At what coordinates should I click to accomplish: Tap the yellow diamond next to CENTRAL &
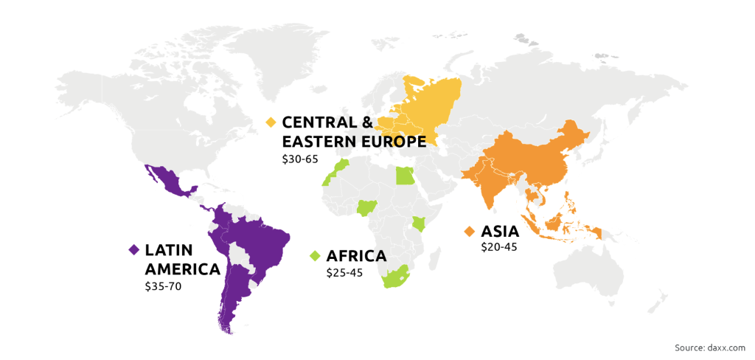click(271, 122)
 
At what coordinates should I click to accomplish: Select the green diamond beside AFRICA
click(315, 256)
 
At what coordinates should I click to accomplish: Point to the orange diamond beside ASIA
click(468, 232)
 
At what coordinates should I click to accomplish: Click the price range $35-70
click(163, 286)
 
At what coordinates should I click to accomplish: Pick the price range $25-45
click(345, 273)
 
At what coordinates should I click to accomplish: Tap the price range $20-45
click(499, 247)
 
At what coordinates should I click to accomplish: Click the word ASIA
click(501, 232)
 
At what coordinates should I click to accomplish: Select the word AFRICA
click(356, 256)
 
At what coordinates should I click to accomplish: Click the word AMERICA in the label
click(183, 269)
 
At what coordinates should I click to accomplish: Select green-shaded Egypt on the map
click(405, 176)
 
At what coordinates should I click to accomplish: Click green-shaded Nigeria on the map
click(366, 208)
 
